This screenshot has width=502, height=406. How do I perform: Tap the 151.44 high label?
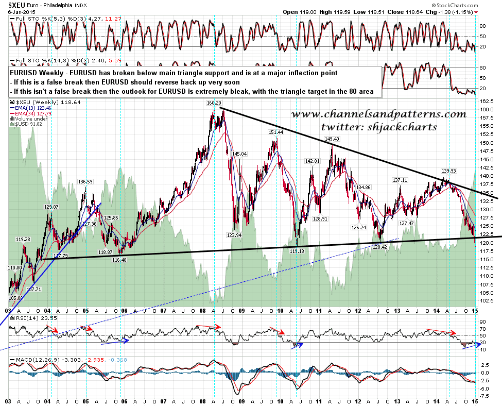276,132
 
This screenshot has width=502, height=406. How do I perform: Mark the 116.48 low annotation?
119,260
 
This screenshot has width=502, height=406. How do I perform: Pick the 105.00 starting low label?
16,298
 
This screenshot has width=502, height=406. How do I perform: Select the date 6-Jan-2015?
16,11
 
